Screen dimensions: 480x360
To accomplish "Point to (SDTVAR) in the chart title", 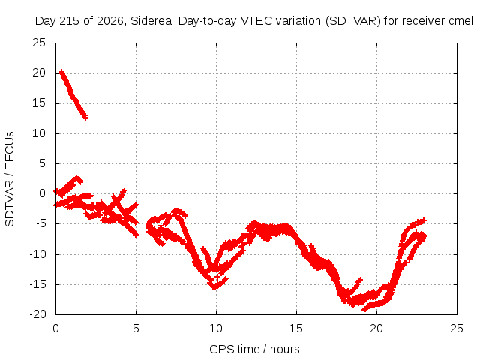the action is point(353,21).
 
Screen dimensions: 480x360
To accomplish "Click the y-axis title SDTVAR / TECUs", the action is point(10,179).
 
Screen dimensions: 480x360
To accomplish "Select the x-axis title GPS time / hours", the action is point(254,349).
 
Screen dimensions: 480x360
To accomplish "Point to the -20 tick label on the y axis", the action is point(37,314).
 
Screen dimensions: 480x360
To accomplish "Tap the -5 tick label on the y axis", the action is point(40,223).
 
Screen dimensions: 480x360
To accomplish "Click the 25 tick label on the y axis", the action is point(39,43).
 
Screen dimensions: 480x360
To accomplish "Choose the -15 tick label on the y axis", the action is point(37,284).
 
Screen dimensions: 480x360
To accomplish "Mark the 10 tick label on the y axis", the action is point(39,133).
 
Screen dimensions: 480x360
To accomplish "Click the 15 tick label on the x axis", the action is point(296,328).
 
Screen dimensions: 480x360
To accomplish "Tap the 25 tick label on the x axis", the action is point(457,328).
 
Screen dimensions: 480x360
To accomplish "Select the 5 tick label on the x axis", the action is point(136,328).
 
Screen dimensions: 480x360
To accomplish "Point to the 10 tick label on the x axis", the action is point(216,328).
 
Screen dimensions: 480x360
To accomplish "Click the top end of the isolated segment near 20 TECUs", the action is point(61,71).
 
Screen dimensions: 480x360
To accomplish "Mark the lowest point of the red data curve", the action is point(364,310).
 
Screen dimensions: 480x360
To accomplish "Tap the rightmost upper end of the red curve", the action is point(424,220).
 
